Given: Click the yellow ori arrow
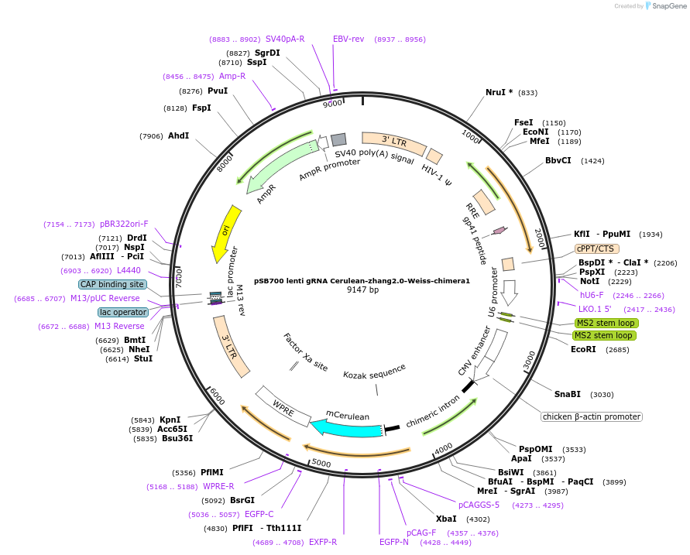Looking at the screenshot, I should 223,233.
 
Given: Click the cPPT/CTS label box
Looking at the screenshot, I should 595,248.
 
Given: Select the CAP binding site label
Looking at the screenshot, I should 112,284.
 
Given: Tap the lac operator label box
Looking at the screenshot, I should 123,312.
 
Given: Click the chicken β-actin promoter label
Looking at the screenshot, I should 592,416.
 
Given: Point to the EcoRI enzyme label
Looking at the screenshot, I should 583,349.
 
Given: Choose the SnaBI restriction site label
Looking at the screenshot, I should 568,394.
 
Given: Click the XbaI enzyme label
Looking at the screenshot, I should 447,519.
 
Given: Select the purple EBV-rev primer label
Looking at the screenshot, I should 348,39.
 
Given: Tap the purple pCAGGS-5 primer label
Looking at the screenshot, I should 479,505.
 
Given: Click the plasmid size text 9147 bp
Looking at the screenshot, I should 362,289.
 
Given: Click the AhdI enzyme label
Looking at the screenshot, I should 178,136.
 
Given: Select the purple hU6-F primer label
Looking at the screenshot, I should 592,295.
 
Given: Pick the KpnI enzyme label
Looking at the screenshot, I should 170,420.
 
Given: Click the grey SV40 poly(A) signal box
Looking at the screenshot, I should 338,140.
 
